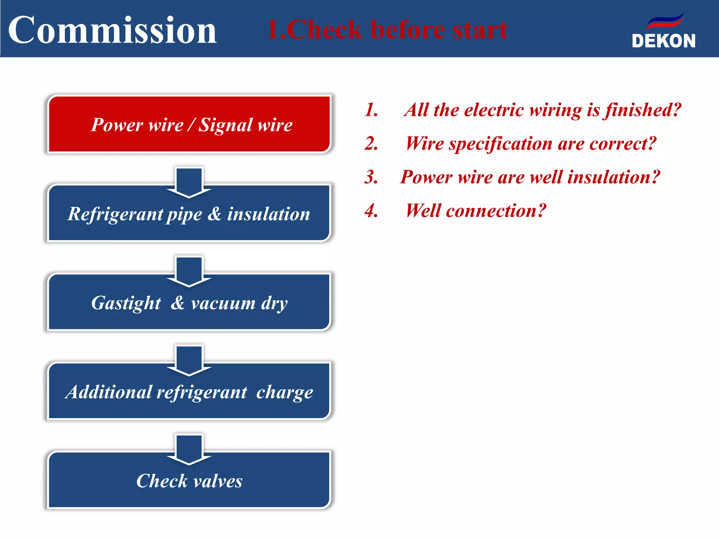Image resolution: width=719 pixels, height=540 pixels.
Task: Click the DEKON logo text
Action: tap(663, 41)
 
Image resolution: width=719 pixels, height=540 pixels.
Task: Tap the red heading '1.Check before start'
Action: tap(387, 30)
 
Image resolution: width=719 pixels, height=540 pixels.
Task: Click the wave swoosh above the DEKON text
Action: tap(665, 21)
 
